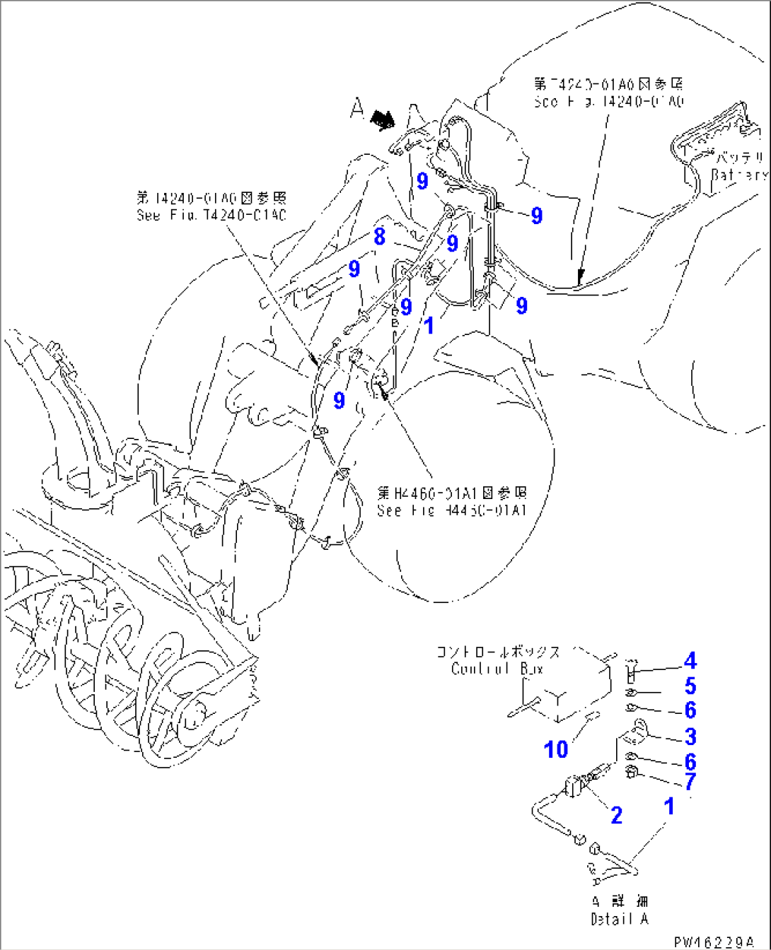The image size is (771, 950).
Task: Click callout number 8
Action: point(380,236)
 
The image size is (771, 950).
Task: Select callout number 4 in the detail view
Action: point(690,661)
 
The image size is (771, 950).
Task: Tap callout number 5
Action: point(690,686)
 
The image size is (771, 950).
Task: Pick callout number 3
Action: point(690,737)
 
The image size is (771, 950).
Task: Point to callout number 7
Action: point(690,781)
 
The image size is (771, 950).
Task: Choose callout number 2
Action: point(616,815)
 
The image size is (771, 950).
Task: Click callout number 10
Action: point(556,749)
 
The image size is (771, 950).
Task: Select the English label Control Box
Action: point(497,669)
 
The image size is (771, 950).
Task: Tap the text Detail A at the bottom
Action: point(619,919)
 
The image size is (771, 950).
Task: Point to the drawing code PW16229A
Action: point(713,942)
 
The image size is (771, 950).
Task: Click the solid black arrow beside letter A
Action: point(383,119)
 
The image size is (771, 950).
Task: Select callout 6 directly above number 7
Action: point(690,761)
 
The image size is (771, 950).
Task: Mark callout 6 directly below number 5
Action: point(690,710)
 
